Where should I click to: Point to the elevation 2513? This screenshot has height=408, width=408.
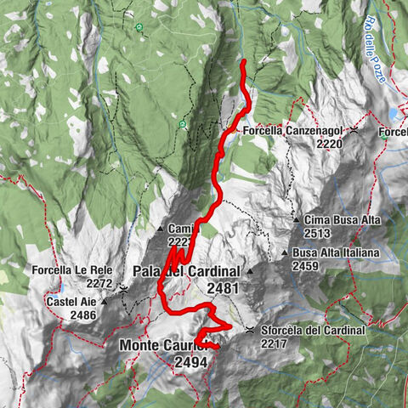[318, 233]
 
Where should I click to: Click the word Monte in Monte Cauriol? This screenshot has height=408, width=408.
[142, 346]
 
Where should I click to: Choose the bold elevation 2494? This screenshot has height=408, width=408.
[192, 362]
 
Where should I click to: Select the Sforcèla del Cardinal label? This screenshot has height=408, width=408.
[314, 330]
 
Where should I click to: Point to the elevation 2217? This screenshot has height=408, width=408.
[275, 343]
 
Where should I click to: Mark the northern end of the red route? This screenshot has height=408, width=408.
[243, 62]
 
